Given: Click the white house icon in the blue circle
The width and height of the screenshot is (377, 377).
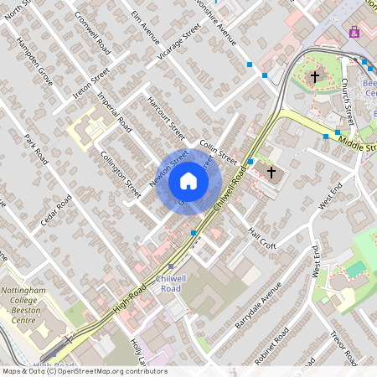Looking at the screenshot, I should click(188, 181).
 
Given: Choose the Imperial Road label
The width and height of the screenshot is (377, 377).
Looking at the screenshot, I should click(115, 112).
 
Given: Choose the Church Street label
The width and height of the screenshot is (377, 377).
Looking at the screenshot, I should click(347, 101).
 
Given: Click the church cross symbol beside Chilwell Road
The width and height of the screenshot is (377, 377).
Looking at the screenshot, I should click(271, 173).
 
